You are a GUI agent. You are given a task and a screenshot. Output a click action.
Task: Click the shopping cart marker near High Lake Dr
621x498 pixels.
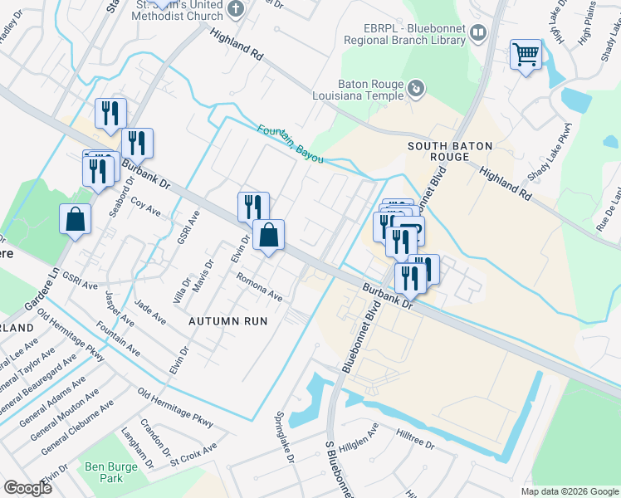[x=526, y=56]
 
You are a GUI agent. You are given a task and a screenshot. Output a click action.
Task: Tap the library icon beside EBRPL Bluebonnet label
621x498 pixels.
[x=478, y=33]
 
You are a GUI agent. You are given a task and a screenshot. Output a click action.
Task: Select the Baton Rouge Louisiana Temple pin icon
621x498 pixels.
[x=416, y=86]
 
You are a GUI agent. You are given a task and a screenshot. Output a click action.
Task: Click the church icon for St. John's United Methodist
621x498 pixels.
[x=236, y=9]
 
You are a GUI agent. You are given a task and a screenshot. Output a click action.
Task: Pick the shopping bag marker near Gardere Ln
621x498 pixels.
[x=75, y=220]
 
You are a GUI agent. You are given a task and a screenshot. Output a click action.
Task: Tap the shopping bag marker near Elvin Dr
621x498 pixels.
[x=268, y=236]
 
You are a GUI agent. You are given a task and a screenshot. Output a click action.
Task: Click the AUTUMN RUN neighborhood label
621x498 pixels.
[x=227, y=320]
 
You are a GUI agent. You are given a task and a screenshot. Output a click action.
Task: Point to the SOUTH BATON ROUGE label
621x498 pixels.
[x=450, y=151]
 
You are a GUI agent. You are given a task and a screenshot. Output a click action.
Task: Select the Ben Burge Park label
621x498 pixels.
[x=111, y=472]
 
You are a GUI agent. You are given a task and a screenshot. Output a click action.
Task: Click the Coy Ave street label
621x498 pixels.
[x=145, y=207]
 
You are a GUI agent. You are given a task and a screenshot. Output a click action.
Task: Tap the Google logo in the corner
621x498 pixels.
[x=27, y=487]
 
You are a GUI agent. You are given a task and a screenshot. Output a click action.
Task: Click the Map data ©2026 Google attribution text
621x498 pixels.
[x=569, y=491]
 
